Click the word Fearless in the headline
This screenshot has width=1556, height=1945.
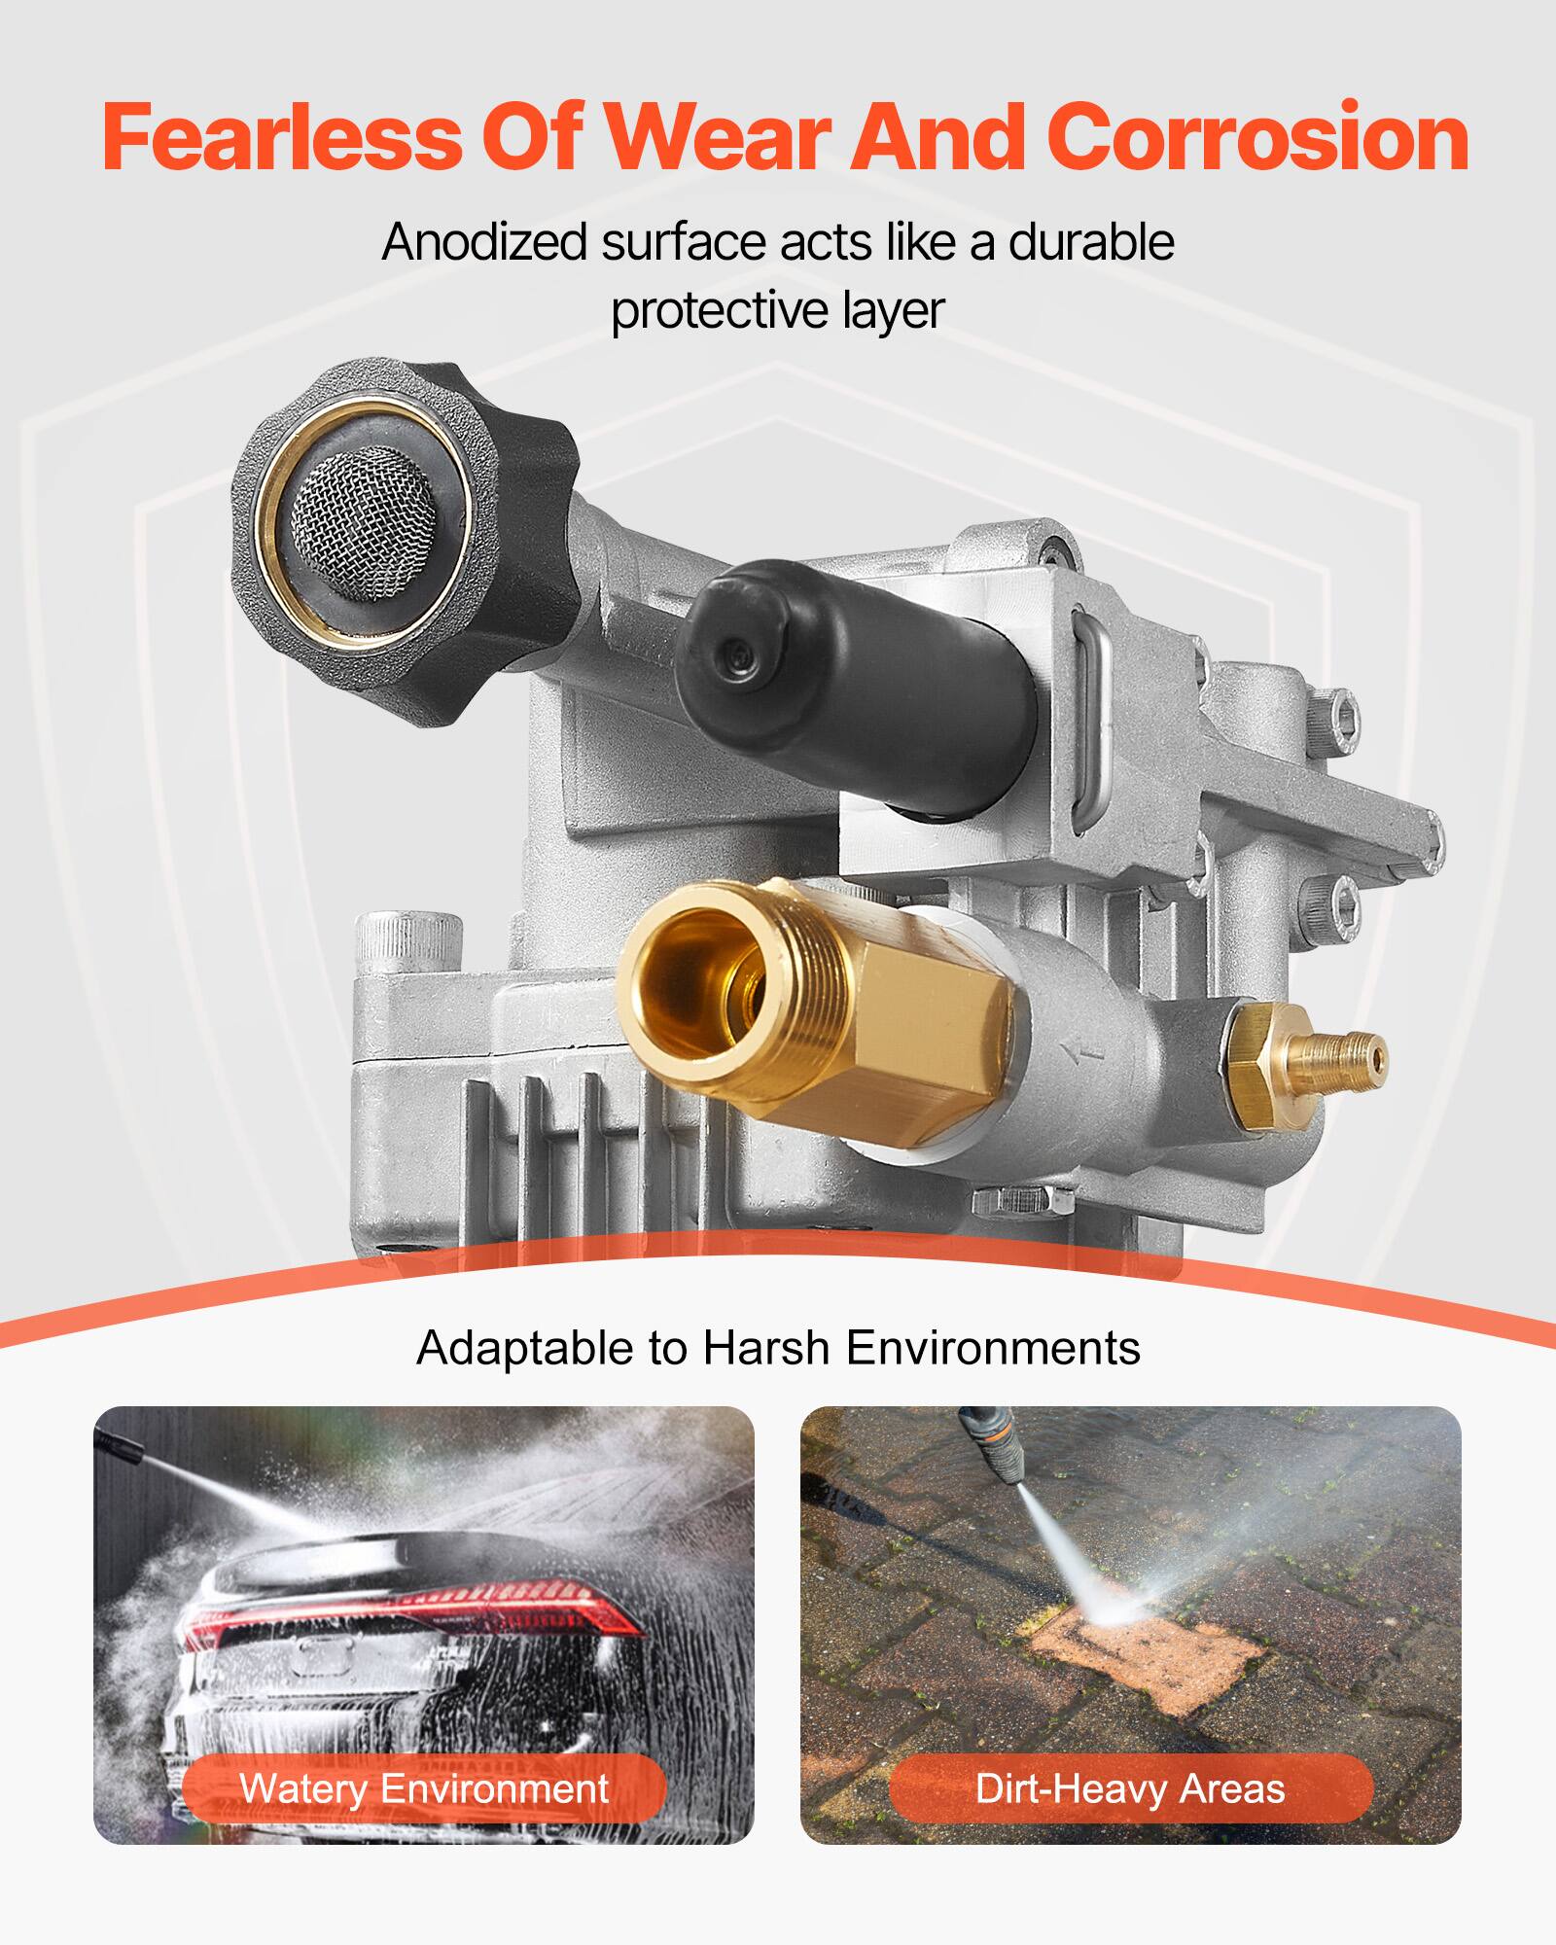tap(282, 139)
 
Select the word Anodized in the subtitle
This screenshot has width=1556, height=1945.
tap(482, 242)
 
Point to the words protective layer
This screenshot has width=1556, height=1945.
tap(777, 310)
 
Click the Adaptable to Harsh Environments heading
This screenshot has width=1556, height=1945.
tap(778, 1348)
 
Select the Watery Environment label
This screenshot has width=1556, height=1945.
tap(424, 1788)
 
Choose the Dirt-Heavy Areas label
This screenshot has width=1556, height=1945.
tap(1130, 1788)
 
